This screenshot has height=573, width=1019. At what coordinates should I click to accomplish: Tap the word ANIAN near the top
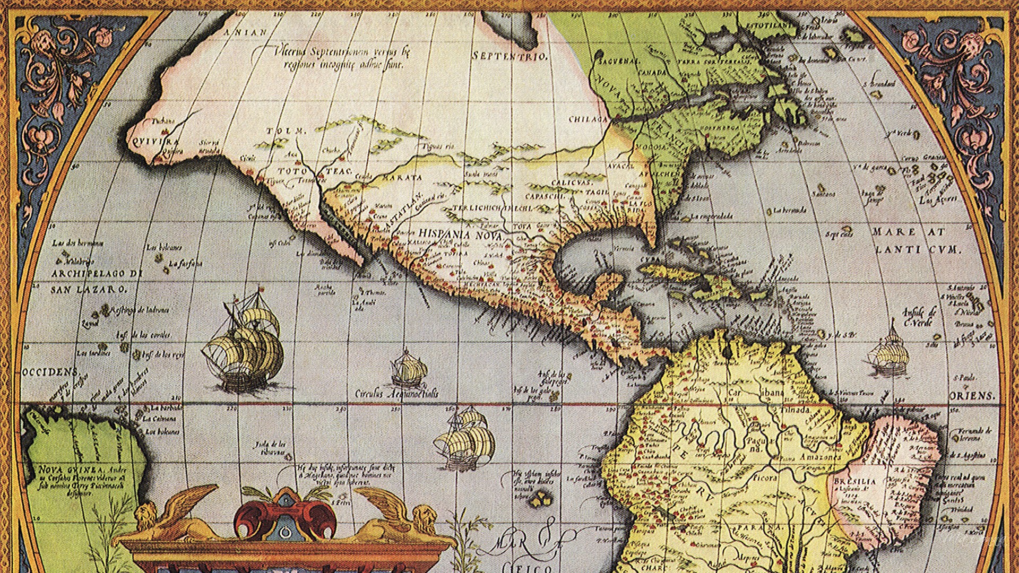245,32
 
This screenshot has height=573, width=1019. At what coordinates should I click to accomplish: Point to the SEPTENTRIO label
509,56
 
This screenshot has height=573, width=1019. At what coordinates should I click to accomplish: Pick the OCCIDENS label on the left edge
51,372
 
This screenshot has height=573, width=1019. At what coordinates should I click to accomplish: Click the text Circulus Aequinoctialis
397,394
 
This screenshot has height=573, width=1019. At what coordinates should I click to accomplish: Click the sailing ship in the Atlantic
889,352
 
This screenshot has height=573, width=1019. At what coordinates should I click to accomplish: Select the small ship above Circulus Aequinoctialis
409,368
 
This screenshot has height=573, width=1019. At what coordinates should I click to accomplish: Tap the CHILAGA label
588,119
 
